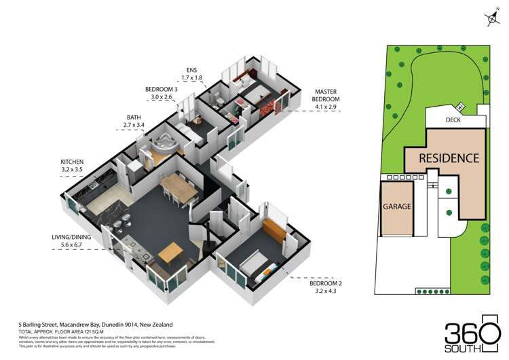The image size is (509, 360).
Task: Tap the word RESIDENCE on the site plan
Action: pyautogui.click(x=449, y=158)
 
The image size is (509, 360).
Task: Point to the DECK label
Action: pyautogui.click(x=455, y=121)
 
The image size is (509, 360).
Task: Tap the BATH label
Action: pyautogui.click(x=132, y=116)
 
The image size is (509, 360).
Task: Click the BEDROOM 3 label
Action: pyautogui.click(x=162, y=89)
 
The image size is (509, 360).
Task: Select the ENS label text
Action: pyautogui.click(x=193, y=69)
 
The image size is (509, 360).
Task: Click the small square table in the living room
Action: pyautogui.click(x=170, y=253)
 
